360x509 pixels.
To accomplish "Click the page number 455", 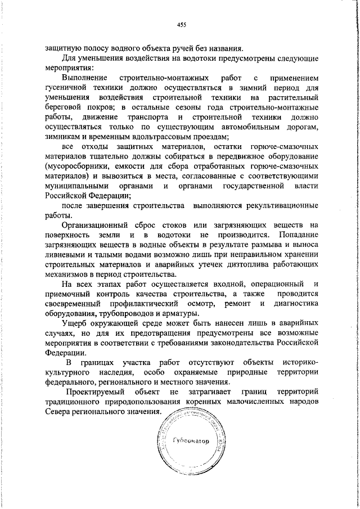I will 181,24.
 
